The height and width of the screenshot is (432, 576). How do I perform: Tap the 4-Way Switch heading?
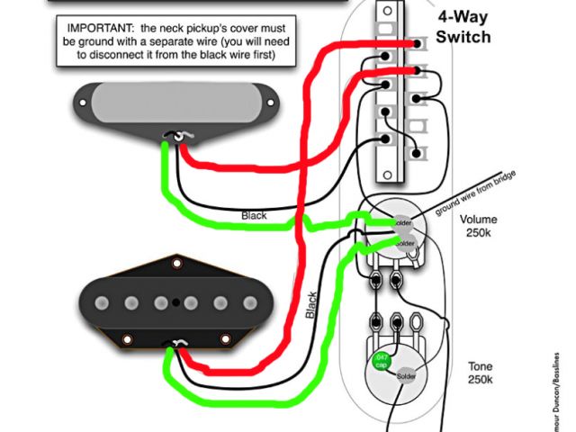click(463, 28)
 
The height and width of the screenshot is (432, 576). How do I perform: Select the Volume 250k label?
click(477, 226)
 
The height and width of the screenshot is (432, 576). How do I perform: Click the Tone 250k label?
click(480, 373)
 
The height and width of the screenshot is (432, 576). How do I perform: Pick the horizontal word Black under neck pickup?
click(254, 216)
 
